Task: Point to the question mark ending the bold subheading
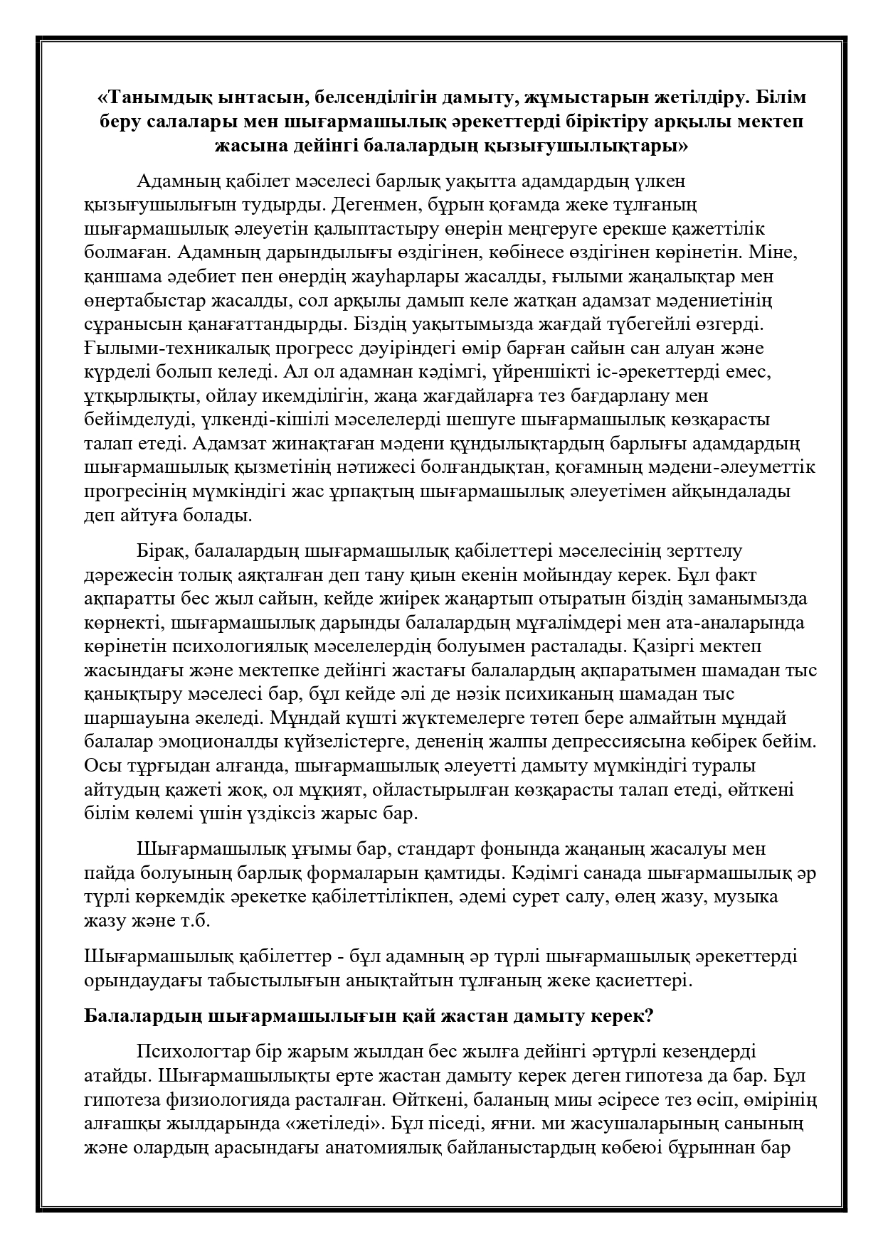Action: [x=648, y=1016]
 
